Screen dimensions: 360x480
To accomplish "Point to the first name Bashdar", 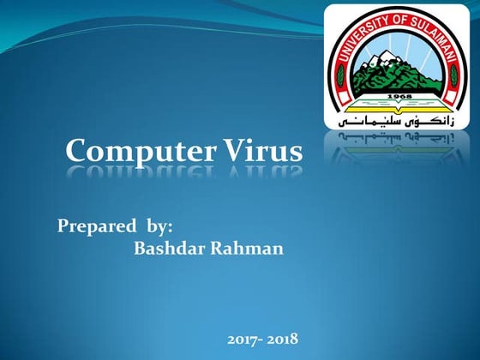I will coord(168,249).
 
